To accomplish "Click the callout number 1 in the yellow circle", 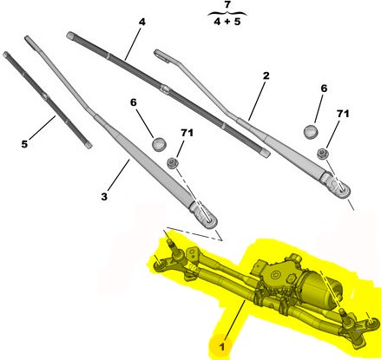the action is point(222,347).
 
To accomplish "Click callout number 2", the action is point(266,75).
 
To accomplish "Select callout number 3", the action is point(104,197).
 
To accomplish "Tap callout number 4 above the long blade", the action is point(141,22).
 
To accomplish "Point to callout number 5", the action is point(24,144).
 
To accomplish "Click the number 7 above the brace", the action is point(227,5).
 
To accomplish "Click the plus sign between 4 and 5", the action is point(227,22).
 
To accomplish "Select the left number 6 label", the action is point(134,102).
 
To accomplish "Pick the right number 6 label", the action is point(324,88).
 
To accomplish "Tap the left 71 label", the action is point(187,133).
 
